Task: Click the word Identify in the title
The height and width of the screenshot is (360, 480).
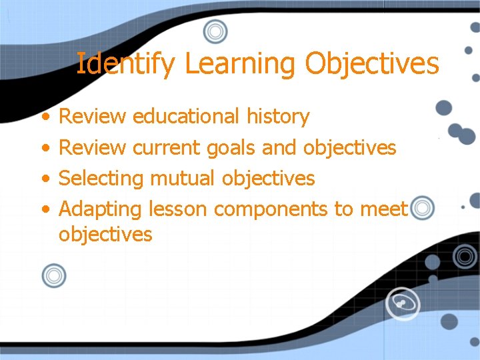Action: point(126,64)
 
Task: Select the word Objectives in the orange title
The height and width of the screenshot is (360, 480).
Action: point(372,64)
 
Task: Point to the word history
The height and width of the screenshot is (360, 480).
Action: point(278,117)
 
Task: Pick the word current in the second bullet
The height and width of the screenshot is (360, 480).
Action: point(166,147)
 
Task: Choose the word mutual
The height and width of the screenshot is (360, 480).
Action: point(183,178)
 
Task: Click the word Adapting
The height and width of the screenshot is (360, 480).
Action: point(101,210)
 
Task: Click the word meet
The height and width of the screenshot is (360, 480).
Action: point(383,209)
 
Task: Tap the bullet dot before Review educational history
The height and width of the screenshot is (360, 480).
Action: point(44,117)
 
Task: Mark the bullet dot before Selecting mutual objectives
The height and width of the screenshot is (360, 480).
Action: point(44,179)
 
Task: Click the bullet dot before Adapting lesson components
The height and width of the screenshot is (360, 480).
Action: point(44,210)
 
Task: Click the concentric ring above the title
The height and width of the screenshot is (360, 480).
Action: point(215,31)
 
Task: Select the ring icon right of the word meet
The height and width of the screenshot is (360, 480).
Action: point(421,209)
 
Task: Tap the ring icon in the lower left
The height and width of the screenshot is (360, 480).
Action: point(54,275)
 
